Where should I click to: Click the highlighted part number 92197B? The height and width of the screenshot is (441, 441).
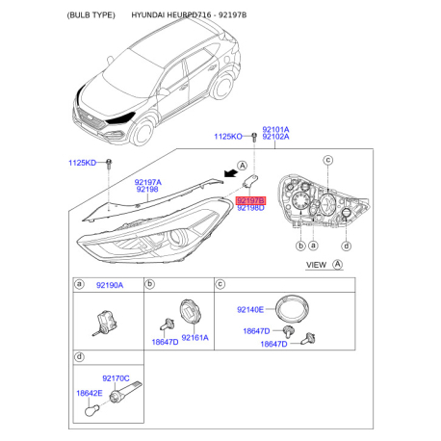coord(250,201)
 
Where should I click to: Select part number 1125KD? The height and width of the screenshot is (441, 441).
coord(82,163)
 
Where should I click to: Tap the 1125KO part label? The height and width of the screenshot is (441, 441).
coord(228,137)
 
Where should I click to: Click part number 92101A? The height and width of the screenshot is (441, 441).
coord(275,129)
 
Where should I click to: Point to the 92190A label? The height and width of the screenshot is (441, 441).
coord(110,285)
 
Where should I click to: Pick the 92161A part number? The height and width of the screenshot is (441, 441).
coord(195,338)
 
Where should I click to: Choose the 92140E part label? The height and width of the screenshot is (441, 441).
coord(250,310)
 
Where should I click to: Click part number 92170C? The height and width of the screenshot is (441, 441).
coord(116,378)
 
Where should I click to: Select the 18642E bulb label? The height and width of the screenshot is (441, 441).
coord(90,393)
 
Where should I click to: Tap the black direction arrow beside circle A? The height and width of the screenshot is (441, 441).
coord(231,173)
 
